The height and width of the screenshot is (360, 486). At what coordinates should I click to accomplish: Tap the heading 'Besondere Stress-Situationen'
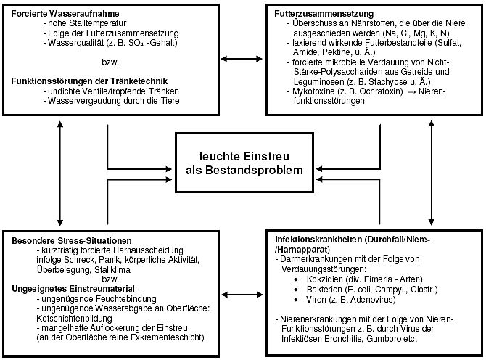[71, 240]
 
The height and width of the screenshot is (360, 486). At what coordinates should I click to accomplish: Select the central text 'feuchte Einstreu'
[243, 156]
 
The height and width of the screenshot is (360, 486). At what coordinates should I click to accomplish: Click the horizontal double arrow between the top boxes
[242, 58]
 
